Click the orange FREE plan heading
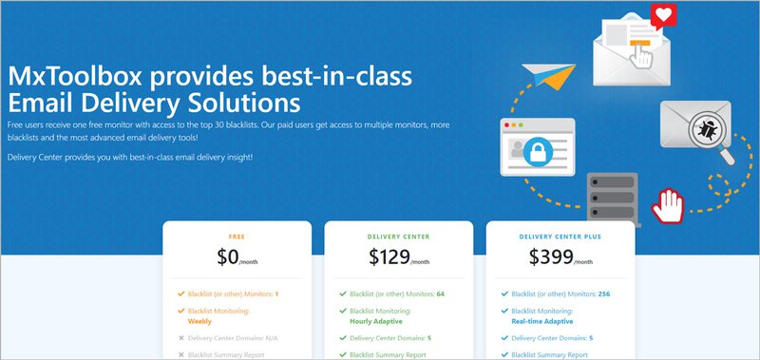pyautogui.click(x=237, y=237)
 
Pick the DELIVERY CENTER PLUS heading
pyautogui.click(x=560, y=237)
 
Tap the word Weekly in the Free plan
pyautogui.click(x=200, y=321)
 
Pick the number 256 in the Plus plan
pyautogui.click(x=603, y=294)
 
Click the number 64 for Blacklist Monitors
pyautogui.click(x=442, y=294)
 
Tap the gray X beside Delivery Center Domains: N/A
pyautogui.click(x=180, y=337)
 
